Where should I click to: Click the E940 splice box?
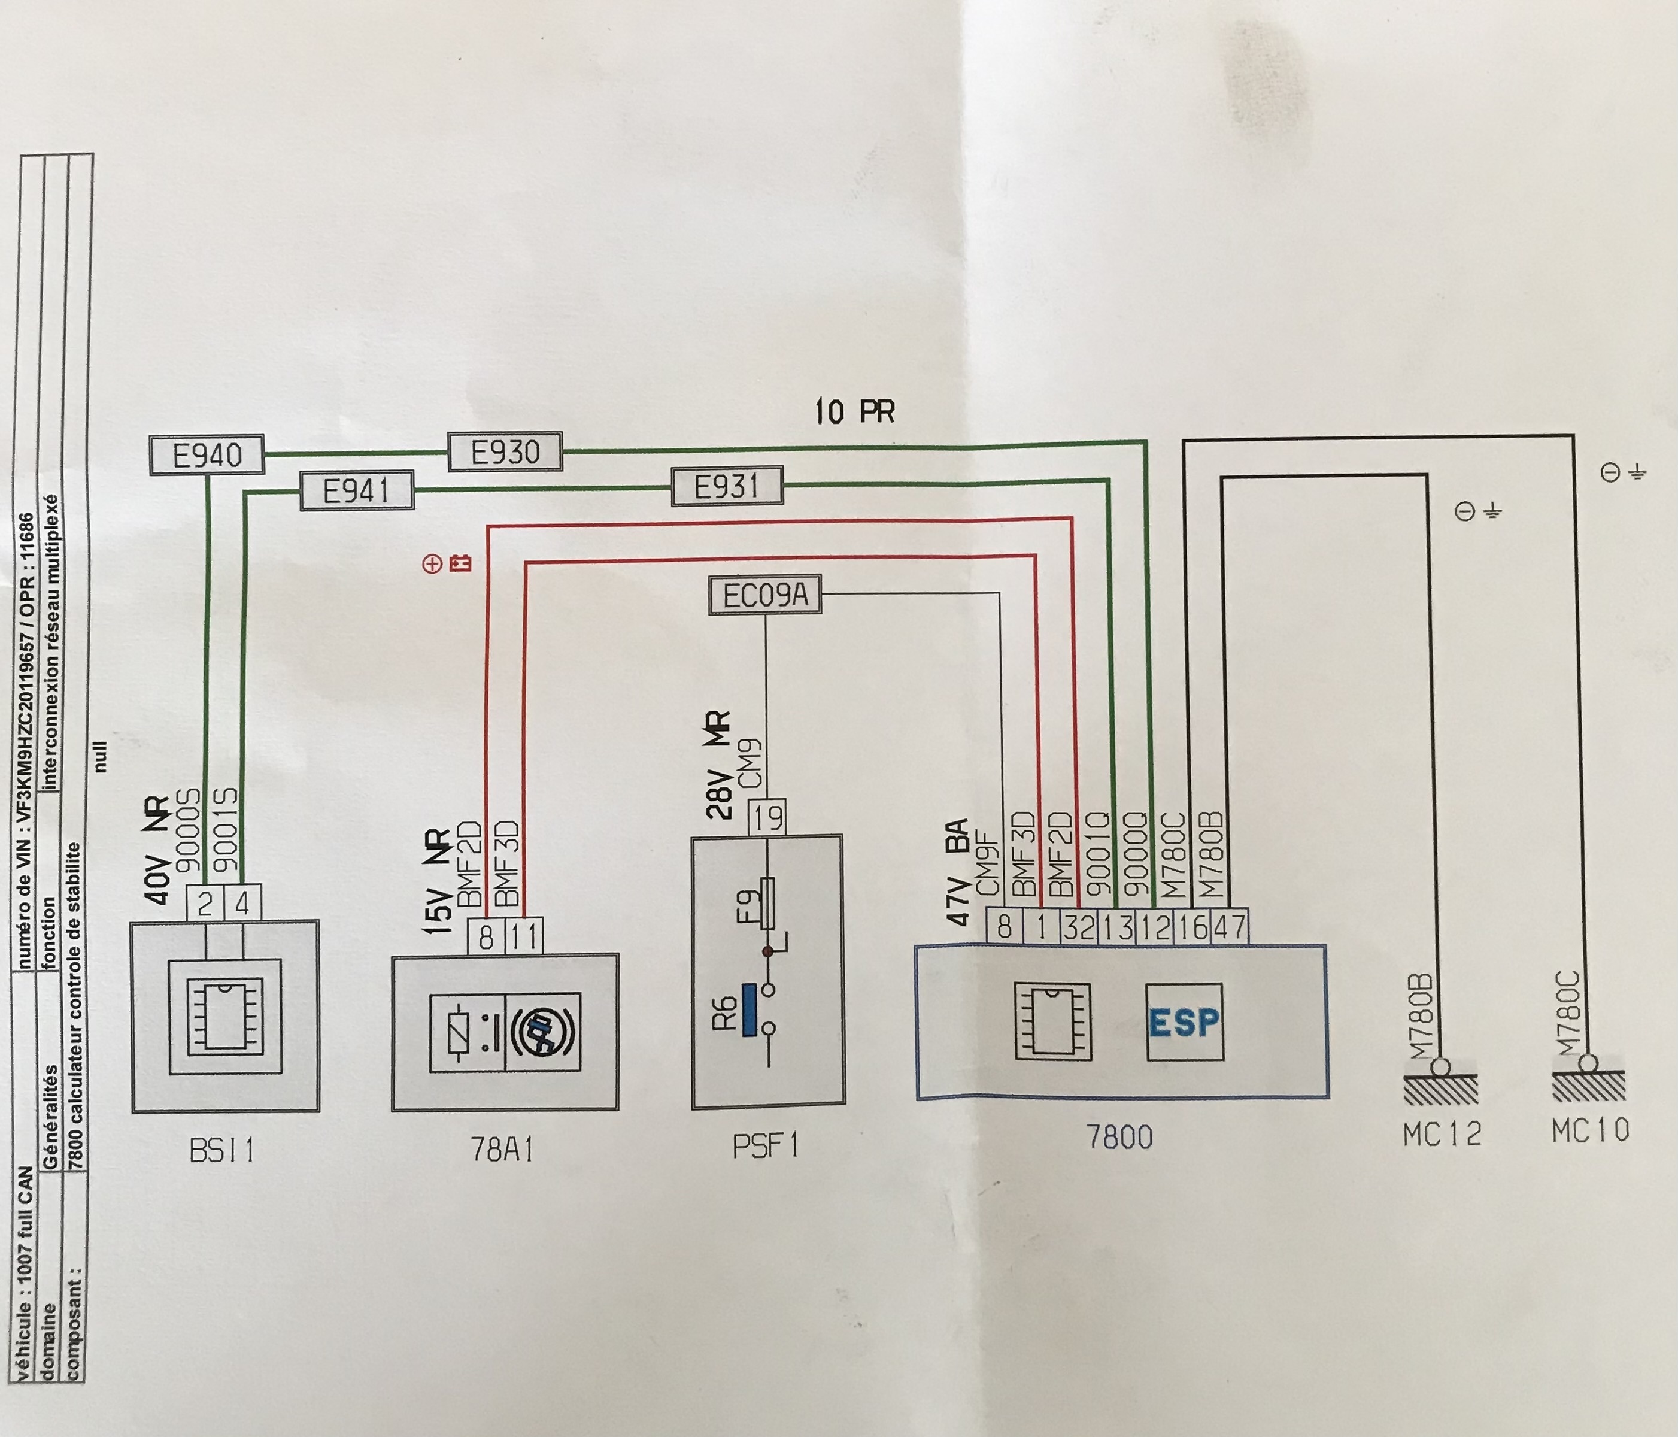pyautogui.click(x=207, y=455)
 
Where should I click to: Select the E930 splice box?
pyautogui.click(x=505, y=451)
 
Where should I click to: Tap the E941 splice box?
pyautogui.click(x=356, y=491)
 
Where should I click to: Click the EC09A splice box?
pyautogui.click(x=764, y=595)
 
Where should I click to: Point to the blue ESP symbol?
pyautogui.click(x=1184, y=1022)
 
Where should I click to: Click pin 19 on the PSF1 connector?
pyautogui.click(x=766, y=818)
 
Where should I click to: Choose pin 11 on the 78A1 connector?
pyautogui.click(x=524, y=937)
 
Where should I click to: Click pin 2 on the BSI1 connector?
pyautogui.click(x=205, y=903)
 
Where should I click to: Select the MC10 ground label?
pyautogui.click(x=1590, y=1130)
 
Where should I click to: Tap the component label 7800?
pyautogui.click(x=1120, y=1137)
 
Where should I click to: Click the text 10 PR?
pyautogui.click(x=854, y=411)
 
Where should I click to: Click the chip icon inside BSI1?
pyautogui.click(x=225, y=1017)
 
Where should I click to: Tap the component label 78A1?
pyautogui.click(x=502, y=1150)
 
